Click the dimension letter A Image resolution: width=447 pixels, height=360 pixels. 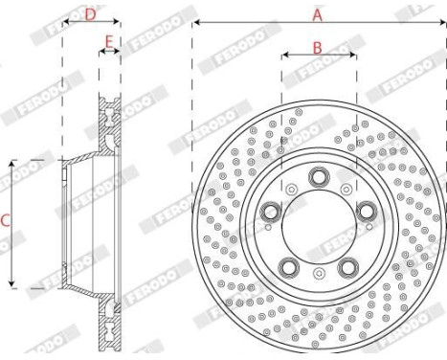(x=318, y=13)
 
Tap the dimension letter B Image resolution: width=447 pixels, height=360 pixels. (x=317, y=46)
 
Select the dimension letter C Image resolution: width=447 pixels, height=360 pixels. (x=6, y=221)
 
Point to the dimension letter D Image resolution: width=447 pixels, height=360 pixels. (x=90, y=13)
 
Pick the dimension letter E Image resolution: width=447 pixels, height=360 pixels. (x=109, y=42)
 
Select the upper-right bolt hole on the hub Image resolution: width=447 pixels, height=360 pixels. (x=366, y=211)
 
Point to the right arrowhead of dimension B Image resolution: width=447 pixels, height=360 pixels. (x=352, y=56)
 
